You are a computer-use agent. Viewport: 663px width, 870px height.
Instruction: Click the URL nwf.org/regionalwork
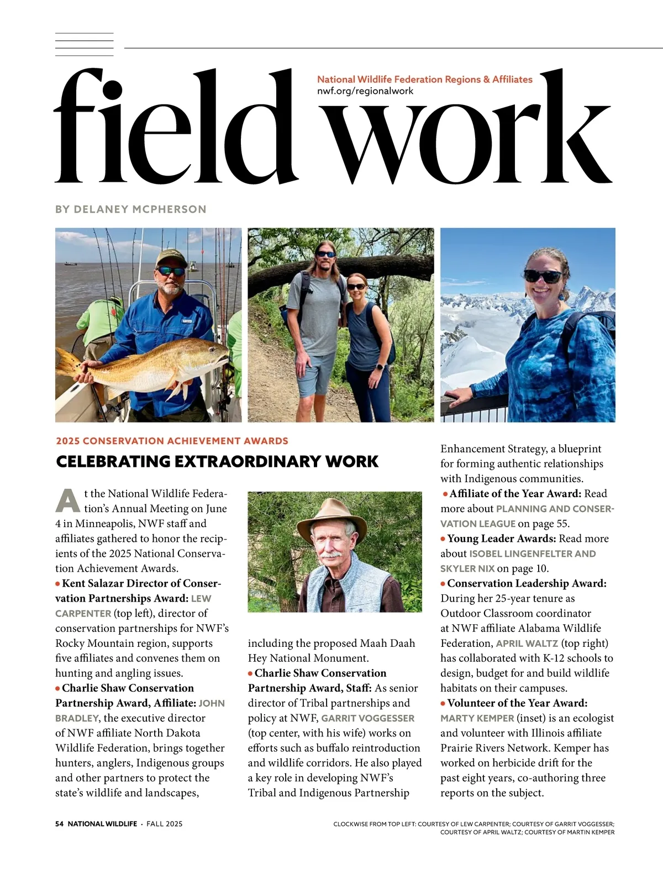point(365,91)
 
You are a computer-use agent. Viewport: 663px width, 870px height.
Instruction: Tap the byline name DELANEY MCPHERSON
point(140,209)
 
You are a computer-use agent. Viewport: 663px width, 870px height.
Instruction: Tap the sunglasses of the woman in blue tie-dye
point(543,275)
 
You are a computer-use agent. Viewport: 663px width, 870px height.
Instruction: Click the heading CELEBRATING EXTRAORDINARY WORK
point(217,461)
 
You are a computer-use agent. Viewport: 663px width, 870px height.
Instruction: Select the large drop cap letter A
point(68,500)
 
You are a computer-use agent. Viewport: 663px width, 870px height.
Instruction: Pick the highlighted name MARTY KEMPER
point(477,718)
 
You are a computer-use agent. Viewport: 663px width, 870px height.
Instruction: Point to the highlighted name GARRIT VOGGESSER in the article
point(368,718)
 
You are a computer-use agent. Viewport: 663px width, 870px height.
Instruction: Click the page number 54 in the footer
point(59,824)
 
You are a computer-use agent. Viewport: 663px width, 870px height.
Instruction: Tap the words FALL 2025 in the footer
point(164,824)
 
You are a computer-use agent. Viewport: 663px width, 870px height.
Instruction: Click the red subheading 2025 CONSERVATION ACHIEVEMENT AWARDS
point(172,441)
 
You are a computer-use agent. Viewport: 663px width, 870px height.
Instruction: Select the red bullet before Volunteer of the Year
point(443,704)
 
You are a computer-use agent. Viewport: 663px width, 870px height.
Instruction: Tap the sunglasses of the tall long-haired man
point(325,255)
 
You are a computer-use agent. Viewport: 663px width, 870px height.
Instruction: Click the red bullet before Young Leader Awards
point(443,539)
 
